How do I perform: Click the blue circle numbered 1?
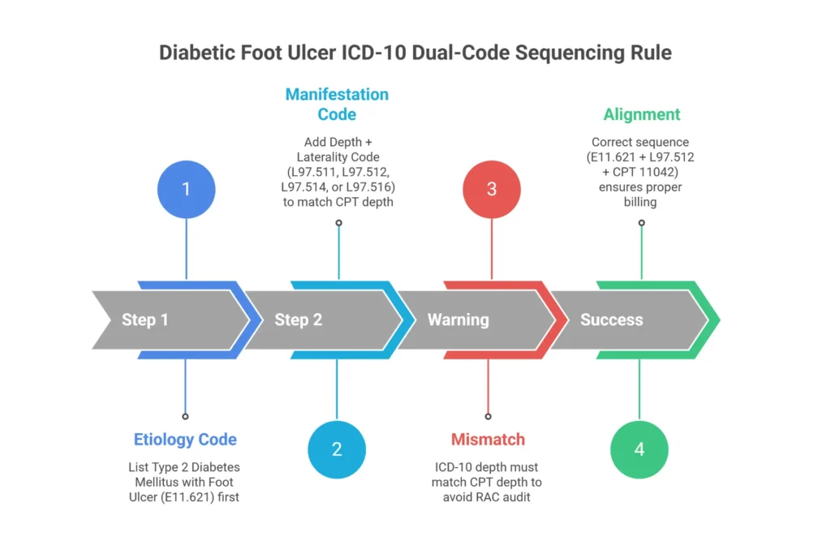pos(186,190)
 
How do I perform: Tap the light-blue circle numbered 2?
pos(337,449)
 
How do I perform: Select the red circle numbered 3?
pos(492,190)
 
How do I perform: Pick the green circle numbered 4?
pos(639,449)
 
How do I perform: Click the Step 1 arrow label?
pos(145,320)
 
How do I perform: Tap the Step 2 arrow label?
pos(298,320)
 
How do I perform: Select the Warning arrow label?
pos(458,320)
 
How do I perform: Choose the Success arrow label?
pos(611,320)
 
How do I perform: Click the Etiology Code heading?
pos(185,440)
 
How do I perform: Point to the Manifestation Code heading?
pos(337,104)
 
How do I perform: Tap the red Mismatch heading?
pos(488,440)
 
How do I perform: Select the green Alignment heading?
pos(641,114)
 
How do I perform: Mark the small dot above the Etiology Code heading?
pos(186,416)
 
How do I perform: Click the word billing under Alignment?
pos(640,201)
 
